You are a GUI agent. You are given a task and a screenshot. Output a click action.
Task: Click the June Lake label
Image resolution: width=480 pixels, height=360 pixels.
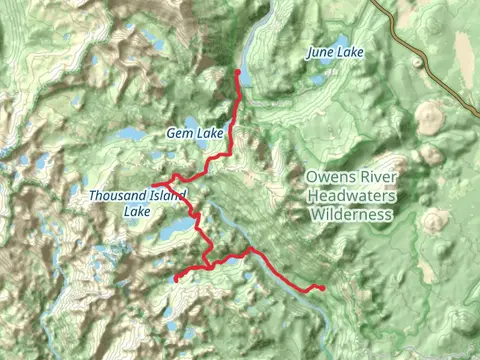(335, 52)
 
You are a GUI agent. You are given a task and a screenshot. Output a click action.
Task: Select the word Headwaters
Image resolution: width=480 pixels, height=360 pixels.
(351, 197)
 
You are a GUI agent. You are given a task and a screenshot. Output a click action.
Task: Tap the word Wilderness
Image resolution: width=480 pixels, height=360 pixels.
(351, 214)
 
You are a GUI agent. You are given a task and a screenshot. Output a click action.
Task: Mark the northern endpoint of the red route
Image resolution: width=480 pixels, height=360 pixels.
(237, 73)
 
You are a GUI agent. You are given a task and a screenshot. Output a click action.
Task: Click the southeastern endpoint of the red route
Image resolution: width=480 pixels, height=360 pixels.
(324, 289)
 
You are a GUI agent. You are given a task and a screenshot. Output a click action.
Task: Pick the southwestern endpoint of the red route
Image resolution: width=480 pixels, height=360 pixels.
(176, 279)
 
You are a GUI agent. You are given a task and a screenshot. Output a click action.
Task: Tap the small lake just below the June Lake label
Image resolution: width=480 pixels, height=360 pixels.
(318, 79)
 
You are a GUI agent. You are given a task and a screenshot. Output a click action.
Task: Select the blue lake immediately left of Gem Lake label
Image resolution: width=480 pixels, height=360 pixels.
(132, 133)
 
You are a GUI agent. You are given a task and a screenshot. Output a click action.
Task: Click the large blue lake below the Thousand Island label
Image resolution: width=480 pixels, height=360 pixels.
(175, 231)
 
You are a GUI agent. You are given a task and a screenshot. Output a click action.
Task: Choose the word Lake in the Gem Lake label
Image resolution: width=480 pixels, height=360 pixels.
(208, 132)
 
